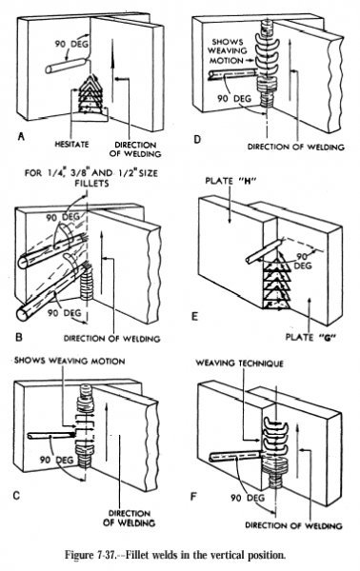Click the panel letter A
point(21,136)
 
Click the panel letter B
point(19,337)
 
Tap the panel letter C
point(16,495)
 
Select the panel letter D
point(197,139)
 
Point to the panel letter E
point(195,316)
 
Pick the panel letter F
point(194,497)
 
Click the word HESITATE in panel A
point(71,145)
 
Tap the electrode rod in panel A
point(67,65)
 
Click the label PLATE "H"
point(230,181)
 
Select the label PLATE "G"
point(310,337)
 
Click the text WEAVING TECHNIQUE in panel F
point(239,364)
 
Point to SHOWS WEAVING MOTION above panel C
point(70,361)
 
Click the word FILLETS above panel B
point(91,183)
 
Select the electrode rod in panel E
point(263,251)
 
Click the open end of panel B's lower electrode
point(23,313)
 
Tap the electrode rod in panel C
point(52,435)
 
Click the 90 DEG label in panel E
point(303,261)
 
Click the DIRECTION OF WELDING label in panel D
point(295,147)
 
